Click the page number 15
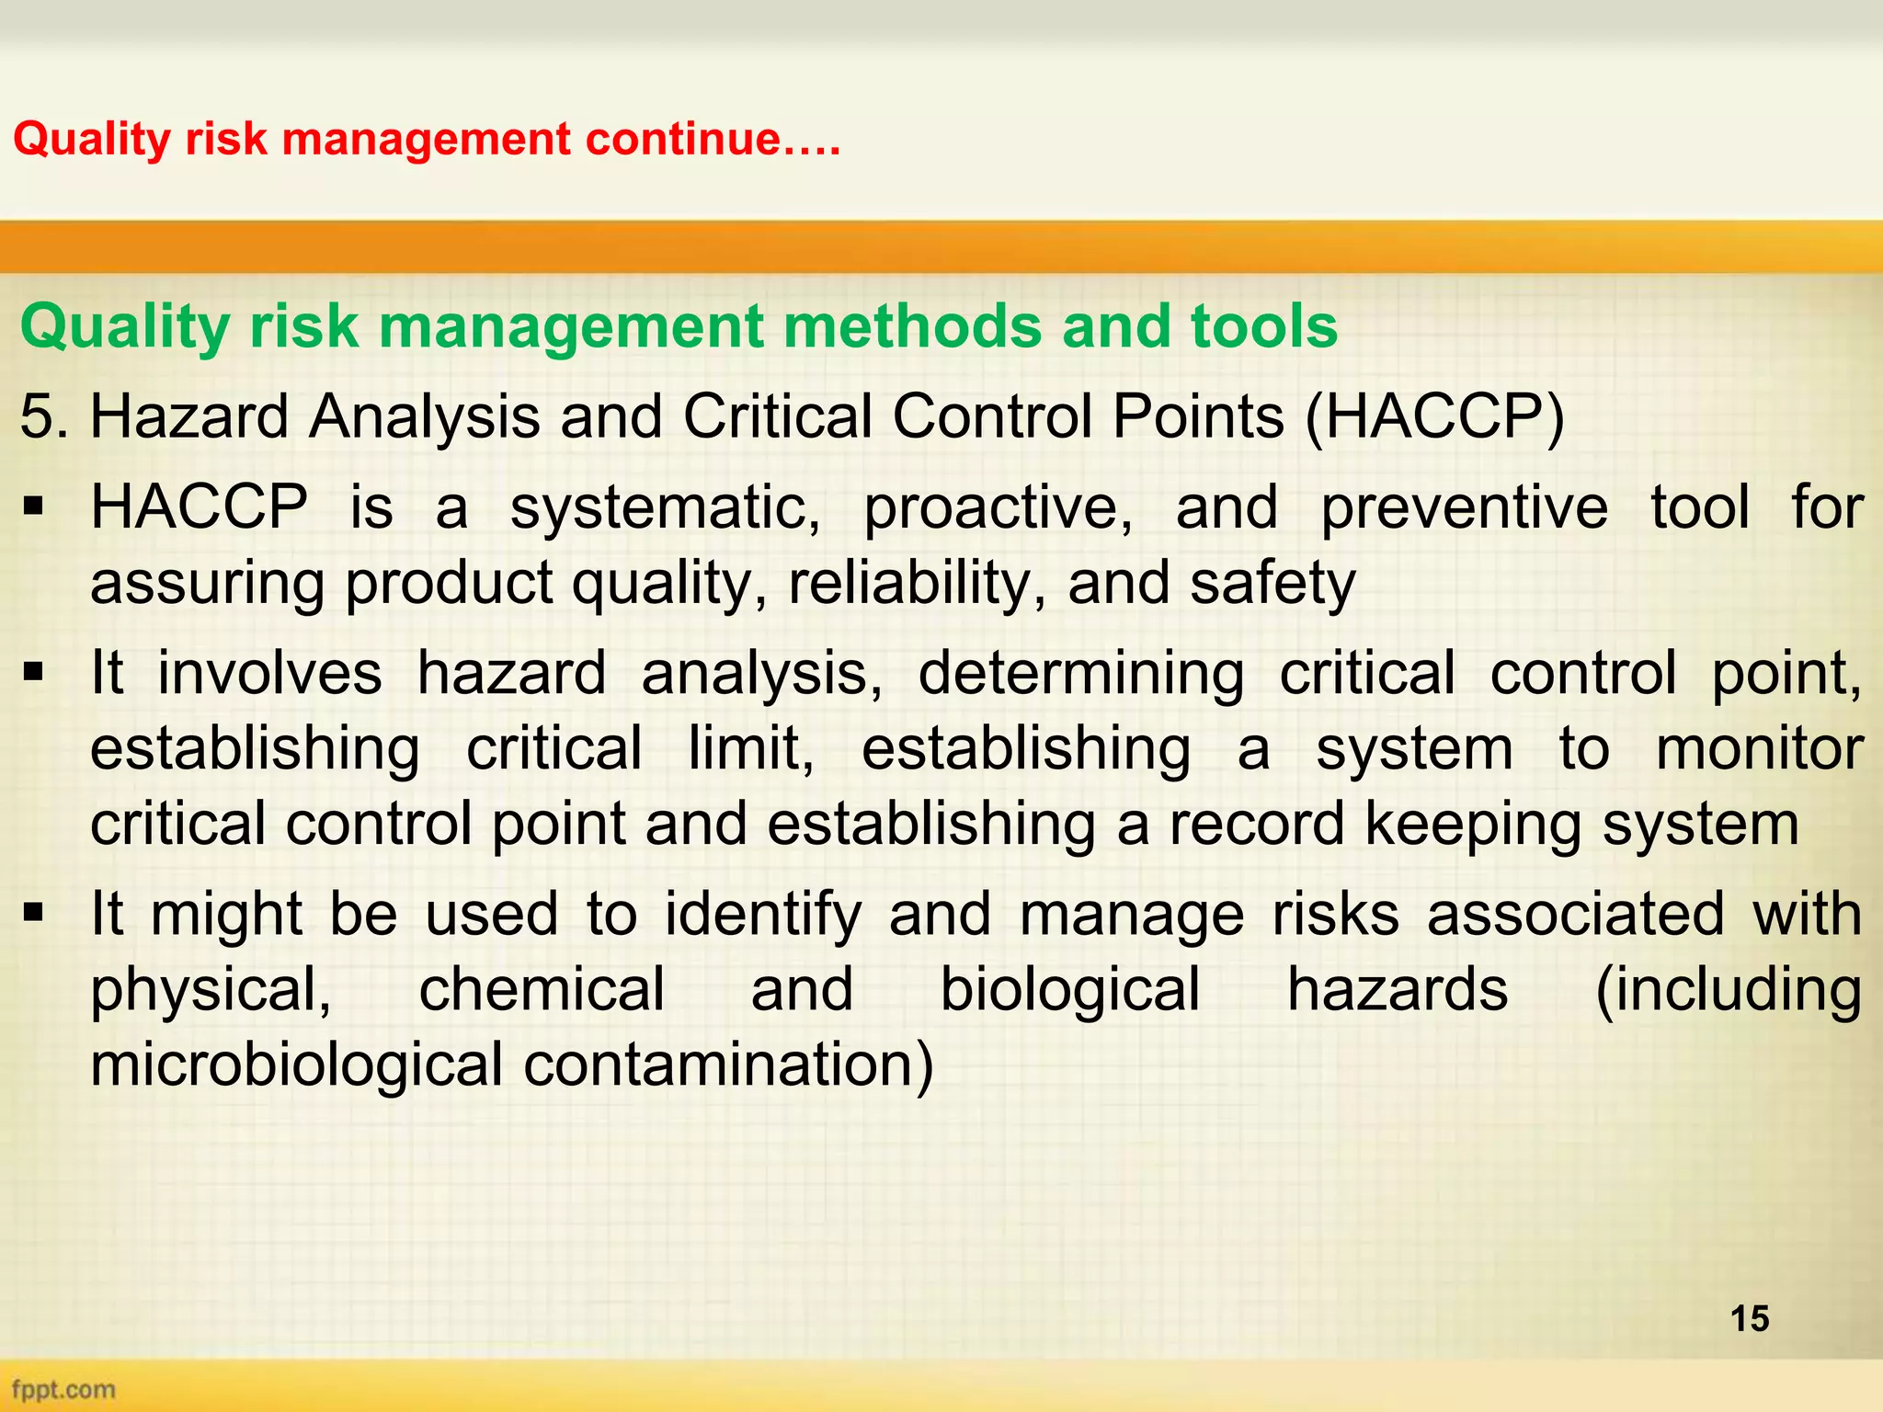[x=1749, y=1318]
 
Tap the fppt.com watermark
[x=63, y=1389]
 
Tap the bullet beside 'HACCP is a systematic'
[x=35, y=507]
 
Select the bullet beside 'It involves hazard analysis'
[x=35, y=673]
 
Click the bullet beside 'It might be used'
[x=35, y=914]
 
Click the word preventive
[x=1465, y=508]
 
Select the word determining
[x=1080, y=674]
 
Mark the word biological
[x=1069, y=990]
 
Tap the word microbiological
[x=296, y=1065]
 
